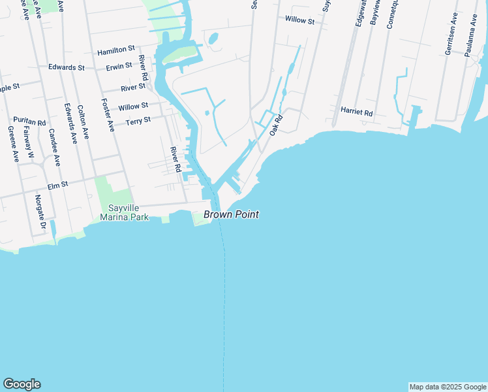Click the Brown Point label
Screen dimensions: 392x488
click(x=231, y=214)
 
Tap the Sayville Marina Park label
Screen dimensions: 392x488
click(x=128, y=212)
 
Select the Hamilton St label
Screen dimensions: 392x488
click(x=115, y=50)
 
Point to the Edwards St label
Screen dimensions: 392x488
click(x=67, y=67)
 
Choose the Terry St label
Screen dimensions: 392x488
click(x=138, y=121)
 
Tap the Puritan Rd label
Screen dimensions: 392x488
click(x=29, y=122)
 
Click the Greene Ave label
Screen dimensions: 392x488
click(x=12, y=144)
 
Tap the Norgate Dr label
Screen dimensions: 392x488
click(x=40, y=213)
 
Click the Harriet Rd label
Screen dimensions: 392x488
click(x=356, y=113)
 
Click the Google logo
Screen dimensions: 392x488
click(x=22, y=384)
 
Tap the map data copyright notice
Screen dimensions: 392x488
click(x=448, y=387)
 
